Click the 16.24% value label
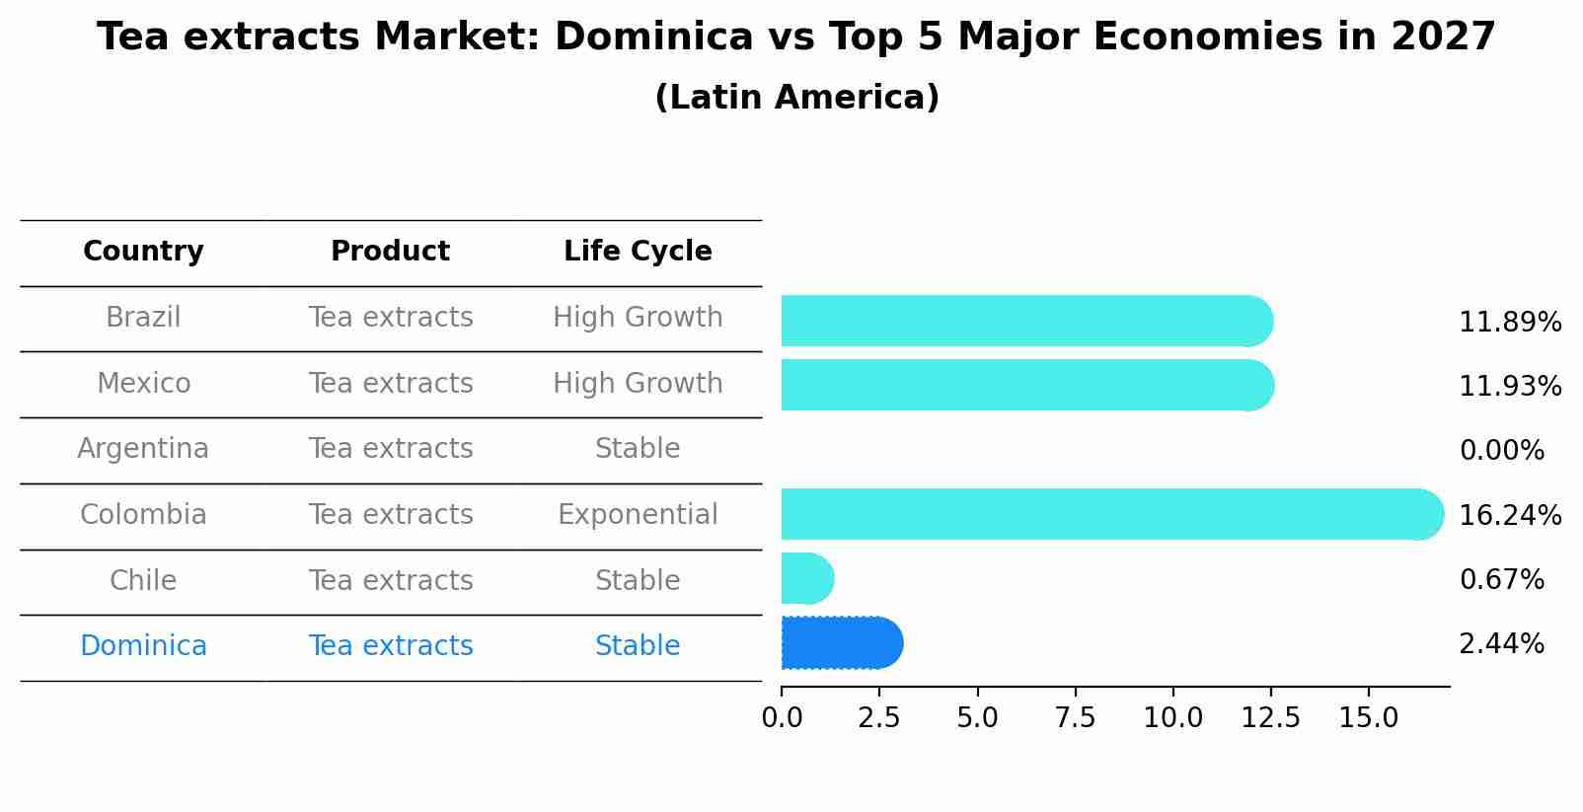coord(1510,515)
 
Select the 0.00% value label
coord(1501,451)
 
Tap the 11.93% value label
coord(1510,386)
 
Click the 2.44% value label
coord(1501,644)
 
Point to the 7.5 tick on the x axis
coord(1075,718)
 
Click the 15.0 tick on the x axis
coord(1368,718)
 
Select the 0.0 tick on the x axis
coord(782,718)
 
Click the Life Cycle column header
coord(638,252)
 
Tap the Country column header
coord(143,252)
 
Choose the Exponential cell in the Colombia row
coord(638,515)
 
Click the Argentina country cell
coord(143,449)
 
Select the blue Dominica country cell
coord(143,646)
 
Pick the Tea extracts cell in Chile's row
coord(391,580)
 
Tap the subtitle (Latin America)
coord(796,98)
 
